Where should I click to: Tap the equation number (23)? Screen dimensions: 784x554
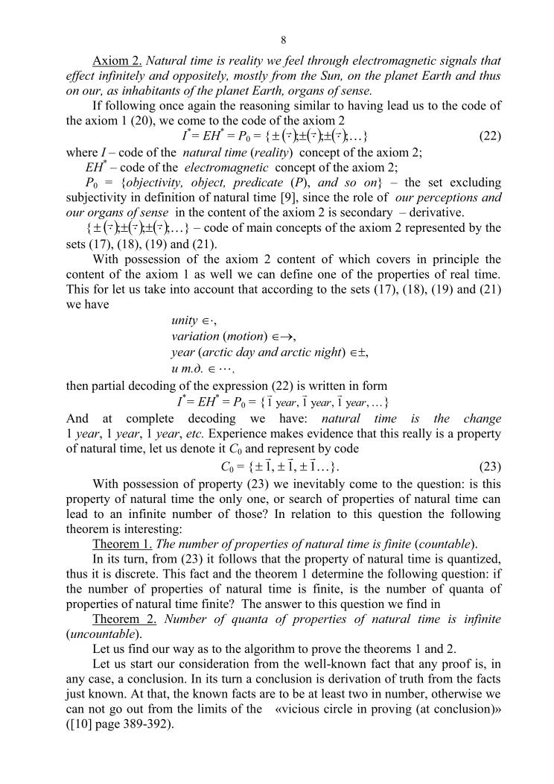click(x=488, y=467)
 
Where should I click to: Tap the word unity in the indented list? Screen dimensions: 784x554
click(x=183, y=320)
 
